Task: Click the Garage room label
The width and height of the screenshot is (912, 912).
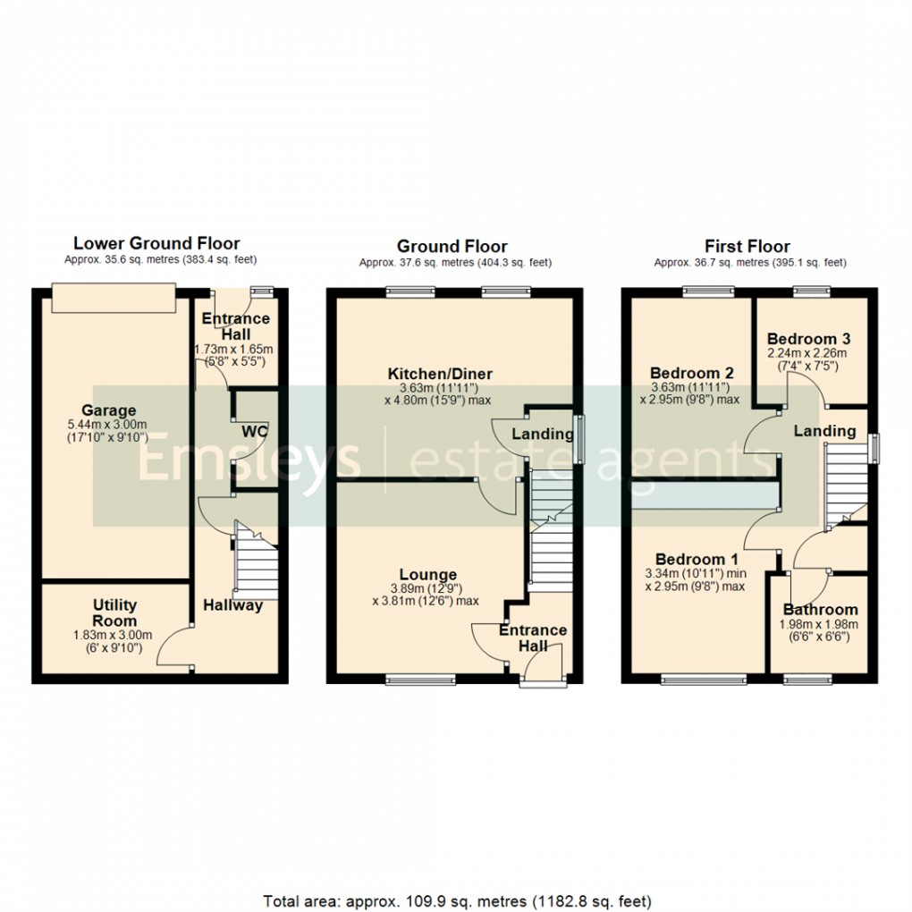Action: point(113,410)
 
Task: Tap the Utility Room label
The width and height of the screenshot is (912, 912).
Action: point(115,613)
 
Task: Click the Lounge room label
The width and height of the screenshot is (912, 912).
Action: point(428,575)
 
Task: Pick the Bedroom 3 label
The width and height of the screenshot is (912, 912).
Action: point(808,339)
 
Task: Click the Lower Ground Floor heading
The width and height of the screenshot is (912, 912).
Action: point(156,243)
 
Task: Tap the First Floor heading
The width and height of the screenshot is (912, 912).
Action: point(747,246)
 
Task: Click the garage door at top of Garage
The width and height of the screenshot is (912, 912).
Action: point(113,299)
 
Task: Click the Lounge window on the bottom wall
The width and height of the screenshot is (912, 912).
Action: point(420,680)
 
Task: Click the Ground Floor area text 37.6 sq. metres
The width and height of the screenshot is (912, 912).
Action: point(455,263)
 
